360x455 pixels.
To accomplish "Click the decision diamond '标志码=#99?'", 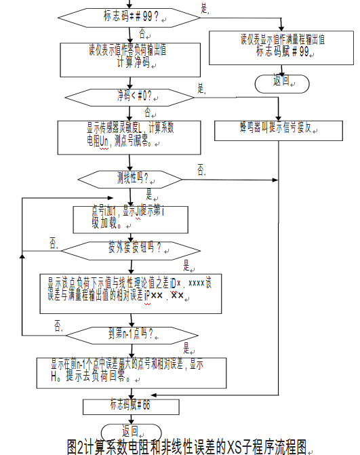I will pyautogui.click(x=129, y=14).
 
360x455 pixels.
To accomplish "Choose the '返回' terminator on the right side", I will pyautogui.click(x=281, y=80).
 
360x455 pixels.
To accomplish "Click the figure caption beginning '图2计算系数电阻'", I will pyautogui.click(x=188, y=446).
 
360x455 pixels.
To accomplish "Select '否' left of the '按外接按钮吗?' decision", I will pyautogui.click(x=53, y=241).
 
